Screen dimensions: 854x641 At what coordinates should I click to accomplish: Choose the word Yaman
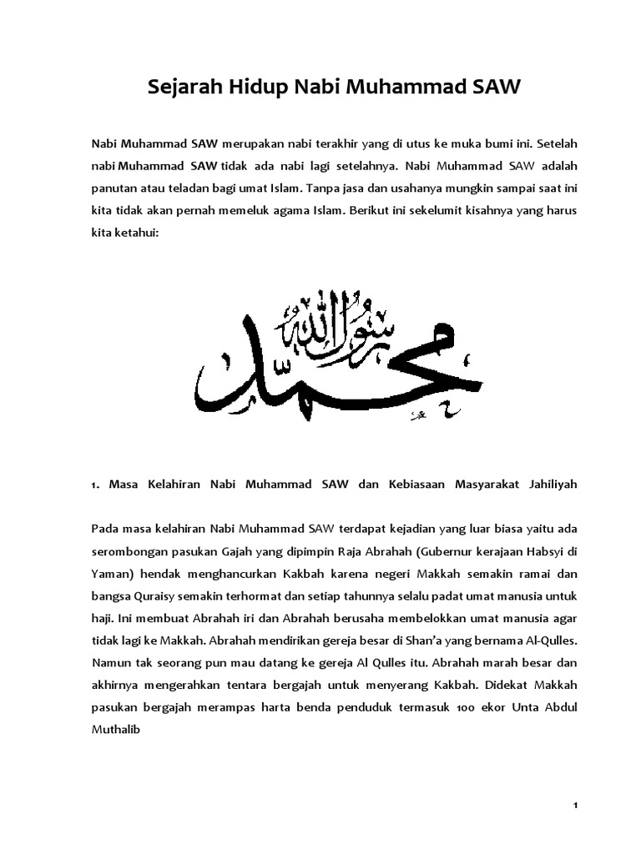110,574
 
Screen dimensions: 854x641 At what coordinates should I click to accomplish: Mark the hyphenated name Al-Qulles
548,641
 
